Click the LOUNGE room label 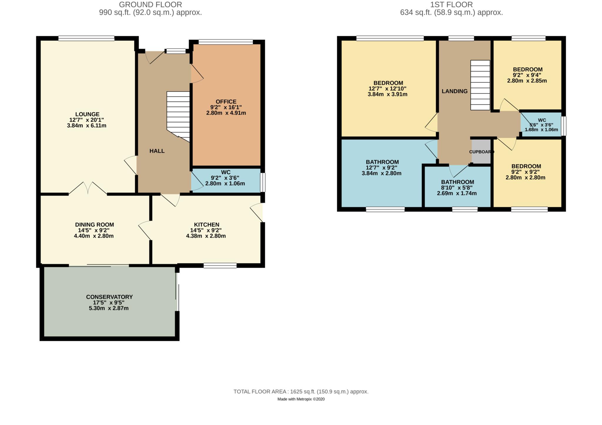pos(87,114)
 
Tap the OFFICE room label pos(226,102)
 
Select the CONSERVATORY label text pos(109,297)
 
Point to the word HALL pos(157,151)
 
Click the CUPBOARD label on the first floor pos(481,152)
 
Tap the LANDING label pos(454,91)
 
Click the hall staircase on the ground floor pos(178,114)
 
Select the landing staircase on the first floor pos(480,85)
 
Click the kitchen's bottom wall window pos(220,265)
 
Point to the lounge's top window pos(86,38)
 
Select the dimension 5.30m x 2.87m pos(109,308)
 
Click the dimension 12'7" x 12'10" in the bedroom pos(387,89)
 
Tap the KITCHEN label pos(206,225)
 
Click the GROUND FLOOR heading pos(150,5)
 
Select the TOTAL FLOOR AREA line pos(301,392)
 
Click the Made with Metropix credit pos(301,399)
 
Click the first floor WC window pos(563,126)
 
